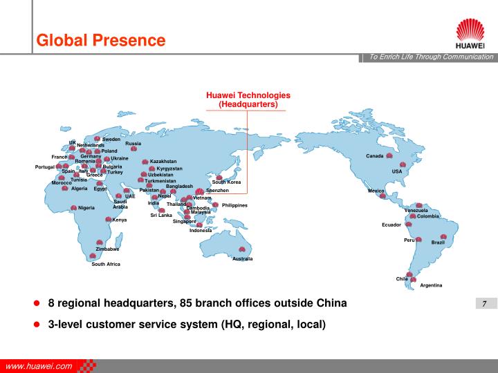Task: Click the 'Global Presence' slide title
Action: pos(101,41)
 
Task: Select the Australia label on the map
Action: pos(242,259)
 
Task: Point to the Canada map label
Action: pos(374,156)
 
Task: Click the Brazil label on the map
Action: pos(438,242)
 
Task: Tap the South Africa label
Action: pos(106,265)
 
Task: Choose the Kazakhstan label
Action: pos(163,162)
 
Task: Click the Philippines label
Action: pos(234,205)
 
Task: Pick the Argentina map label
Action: pos(431,285)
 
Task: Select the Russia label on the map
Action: pos(133,143)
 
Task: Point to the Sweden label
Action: pos(111,140)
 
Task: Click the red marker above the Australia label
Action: pos(242,250)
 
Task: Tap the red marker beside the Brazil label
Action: pos(443,237)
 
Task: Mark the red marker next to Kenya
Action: pos(109,220)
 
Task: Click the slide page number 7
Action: pos(484,305)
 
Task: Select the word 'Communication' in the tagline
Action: pos(468,57)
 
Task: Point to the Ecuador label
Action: pos(391,225)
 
